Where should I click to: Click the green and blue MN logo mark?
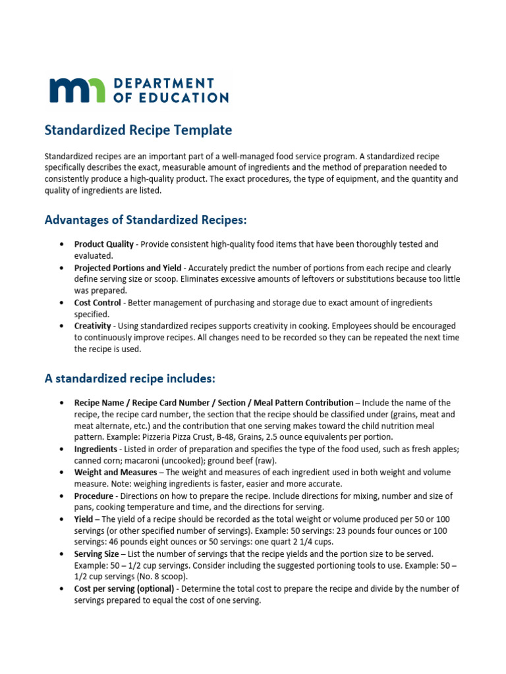coord(76,90)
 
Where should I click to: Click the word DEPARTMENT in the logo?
coord(164,83)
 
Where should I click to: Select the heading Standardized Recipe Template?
coord(138,130)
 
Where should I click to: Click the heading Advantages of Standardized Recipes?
coord(146,219)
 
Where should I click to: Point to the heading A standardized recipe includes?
coord(129,378)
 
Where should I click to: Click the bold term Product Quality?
coord(103,244)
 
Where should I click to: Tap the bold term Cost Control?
coord(98,303)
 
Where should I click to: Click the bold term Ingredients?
coord(96,449)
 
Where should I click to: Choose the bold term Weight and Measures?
coord(115,473)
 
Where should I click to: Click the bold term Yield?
coord(84,519)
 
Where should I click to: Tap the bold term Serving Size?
coord(96,554)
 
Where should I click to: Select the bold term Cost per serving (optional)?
coord(124,589)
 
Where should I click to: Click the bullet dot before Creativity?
coord(61,326)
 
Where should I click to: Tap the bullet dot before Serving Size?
coord(61,554)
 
